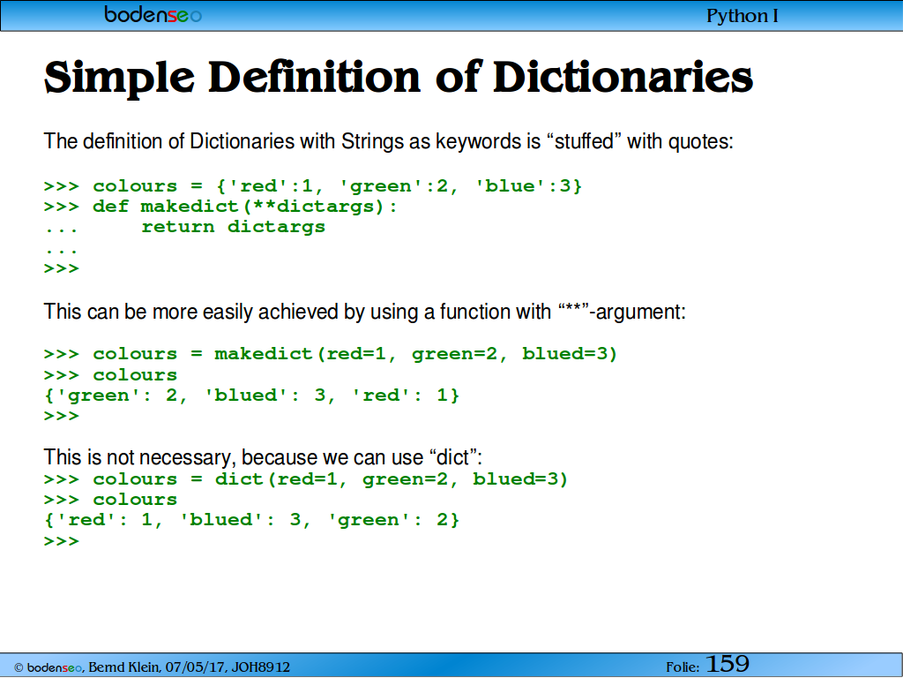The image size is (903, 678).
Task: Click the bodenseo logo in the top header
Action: click(153, 14)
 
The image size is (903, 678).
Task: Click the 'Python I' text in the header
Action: click(742, 16)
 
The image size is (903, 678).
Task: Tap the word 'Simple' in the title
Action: click(119, 78)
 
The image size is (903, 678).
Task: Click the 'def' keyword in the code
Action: click(110, 207)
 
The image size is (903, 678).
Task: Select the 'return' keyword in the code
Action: click(178, 227)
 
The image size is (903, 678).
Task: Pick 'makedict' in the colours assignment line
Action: click(263, 353)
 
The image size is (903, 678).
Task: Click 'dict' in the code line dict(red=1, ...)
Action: click(239, 479)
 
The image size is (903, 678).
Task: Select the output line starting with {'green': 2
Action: click(251, 395)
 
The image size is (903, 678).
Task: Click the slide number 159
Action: click(728, 664)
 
